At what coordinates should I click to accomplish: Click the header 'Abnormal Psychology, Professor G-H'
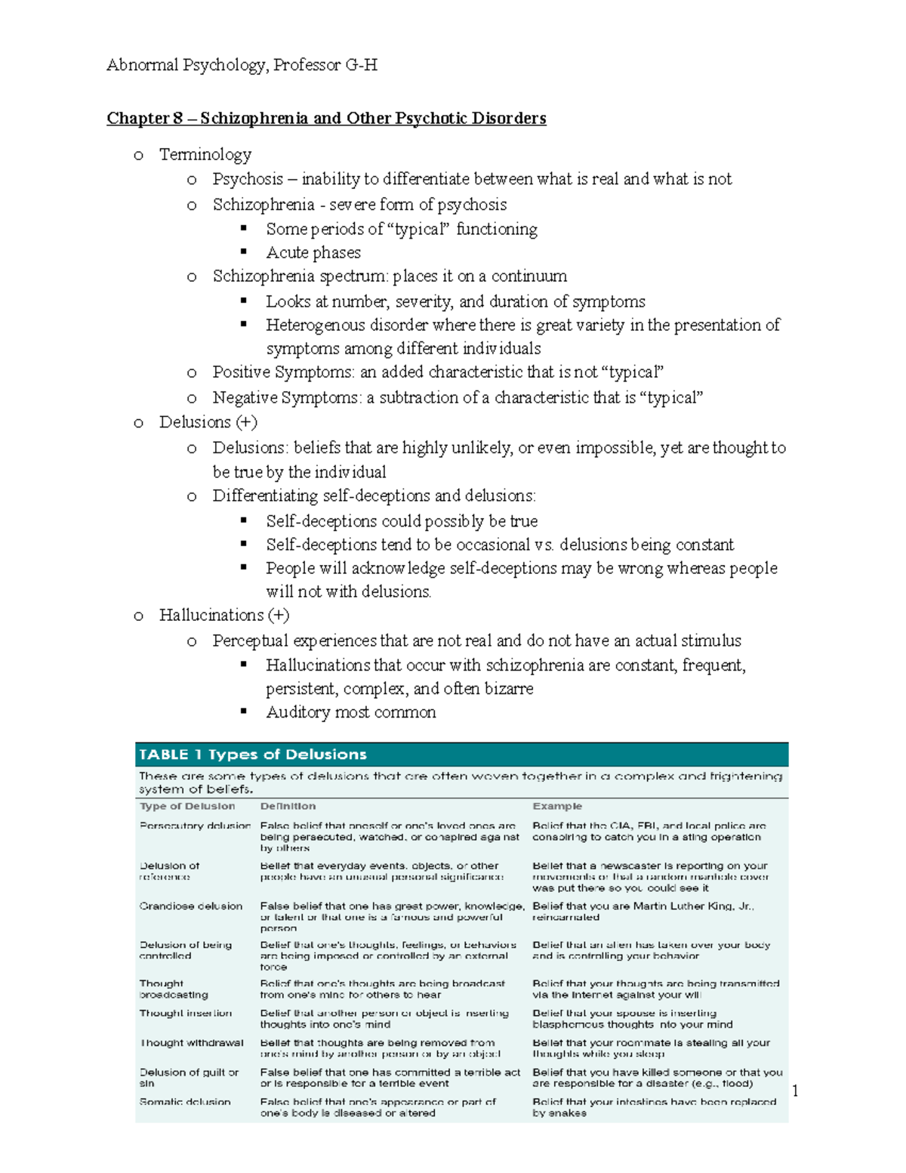click(x=242, y=65)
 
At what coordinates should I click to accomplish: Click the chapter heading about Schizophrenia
click(x=326, y=119)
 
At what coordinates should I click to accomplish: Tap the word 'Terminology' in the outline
click(x=205, y=155)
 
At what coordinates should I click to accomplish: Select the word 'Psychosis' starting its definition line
click(x=248, y=179)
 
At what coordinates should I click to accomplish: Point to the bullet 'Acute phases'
click(x=313, y=252)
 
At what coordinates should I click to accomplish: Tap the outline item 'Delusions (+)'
click(x=208, y=422)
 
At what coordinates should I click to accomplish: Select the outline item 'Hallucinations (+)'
click(x=224, y=616)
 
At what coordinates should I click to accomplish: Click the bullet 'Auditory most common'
click(x=350, y=712)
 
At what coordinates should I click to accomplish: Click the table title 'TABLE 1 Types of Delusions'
click(x=252, y=755)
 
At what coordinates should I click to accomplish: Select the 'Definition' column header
click(x=288, y=807)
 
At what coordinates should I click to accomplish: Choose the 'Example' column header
click(x=557, y=807)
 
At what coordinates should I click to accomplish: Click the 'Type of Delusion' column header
click(x=187, y=807)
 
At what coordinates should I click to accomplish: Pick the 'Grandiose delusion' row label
click(x=191, y=906)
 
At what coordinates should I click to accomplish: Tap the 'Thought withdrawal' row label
click(x=192, y=1043)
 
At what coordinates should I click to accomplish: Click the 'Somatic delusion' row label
click(x=185, y=1102)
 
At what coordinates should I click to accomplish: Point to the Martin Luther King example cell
click(x=643, y=912)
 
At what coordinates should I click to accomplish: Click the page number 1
click(x=795, y=1091)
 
